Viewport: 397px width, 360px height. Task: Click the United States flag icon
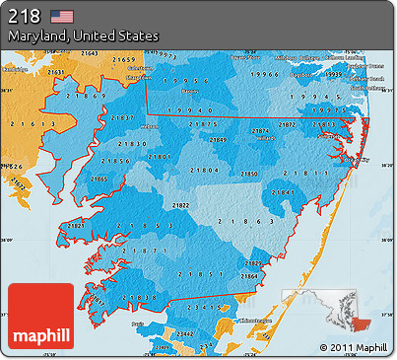pos(63,16)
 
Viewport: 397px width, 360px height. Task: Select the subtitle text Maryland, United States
pos(83,36)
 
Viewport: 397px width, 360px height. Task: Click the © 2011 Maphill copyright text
pos(354,348)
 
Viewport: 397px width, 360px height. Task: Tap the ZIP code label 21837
pos(123,117)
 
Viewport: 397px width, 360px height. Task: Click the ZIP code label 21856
pos(115,160)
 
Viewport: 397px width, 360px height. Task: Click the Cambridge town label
pos(14,70)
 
